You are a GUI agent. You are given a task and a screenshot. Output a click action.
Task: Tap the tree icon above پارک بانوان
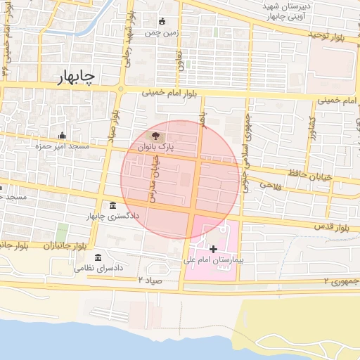tap(155, 136)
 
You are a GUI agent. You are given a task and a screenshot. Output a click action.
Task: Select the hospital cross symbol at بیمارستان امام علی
tap(213, 249)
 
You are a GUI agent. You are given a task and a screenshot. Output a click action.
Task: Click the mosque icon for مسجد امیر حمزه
tap(63, 135)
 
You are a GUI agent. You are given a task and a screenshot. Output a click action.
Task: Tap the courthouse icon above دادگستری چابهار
tap(113, 205)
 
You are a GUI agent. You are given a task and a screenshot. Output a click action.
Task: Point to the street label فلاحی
tap(270, 184)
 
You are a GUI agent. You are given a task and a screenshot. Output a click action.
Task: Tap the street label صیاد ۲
tap(149, 280)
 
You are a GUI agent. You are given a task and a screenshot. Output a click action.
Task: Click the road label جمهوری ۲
tap(340, 281)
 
